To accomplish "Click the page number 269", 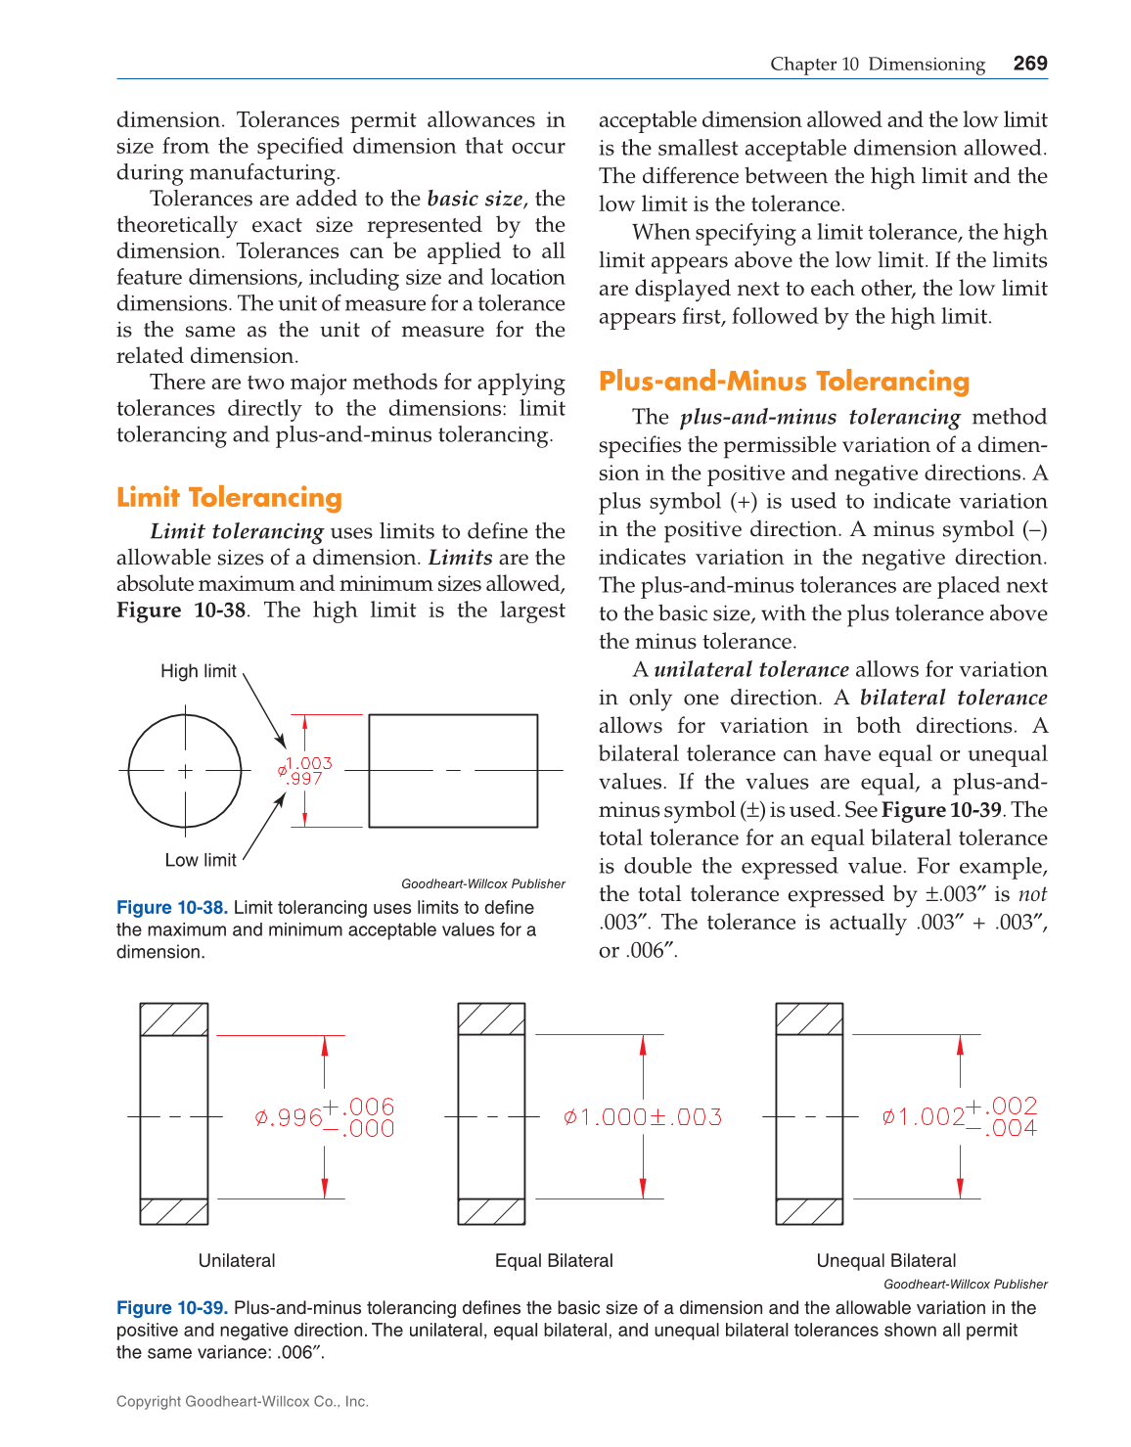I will click(1030, 64).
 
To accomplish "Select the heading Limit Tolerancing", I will click(229, 498).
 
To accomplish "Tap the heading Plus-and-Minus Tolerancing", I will click(784, 382).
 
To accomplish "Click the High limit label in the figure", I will click(199, 671).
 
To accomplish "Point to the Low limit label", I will click(201, 860).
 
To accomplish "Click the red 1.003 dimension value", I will click(309, 763).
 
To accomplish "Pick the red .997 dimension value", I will click(305, 779).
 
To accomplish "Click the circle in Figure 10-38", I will click(185, 771).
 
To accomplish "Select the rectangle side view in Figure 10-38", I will click(453, 771).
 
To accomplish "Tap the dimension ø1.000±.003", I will click(643, 1117).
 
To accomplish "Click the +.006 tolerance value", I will click(359, 1107).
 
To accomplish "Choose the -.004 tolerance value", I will click(1002, 1128).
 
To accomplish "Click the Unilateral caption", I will click(237, 1261).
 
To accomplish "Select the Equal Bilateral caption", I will click(554, 1261).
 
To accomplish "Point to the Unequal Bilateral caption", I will click(886, 1261).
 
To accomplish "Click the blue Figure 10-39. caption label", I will click(172, 1308).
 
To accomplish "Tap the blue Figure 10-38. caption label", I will click(172, 908).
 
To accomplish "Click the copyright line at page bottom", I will click(243, 1401).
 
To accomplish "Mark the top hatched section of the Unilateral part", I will click(174, 1019).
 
